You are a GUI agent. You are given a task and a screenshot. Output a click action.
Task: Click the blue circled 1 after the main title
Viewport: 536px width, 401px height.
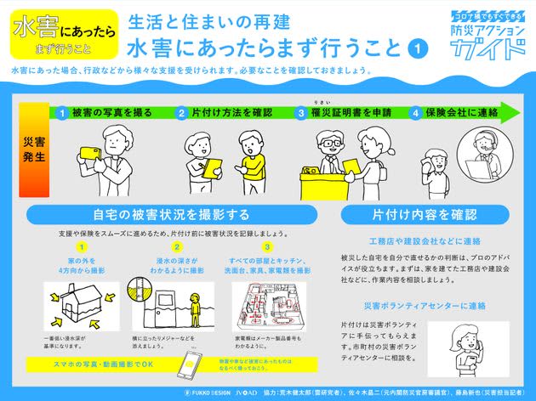pyautogui.click(x=417, y=48)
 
